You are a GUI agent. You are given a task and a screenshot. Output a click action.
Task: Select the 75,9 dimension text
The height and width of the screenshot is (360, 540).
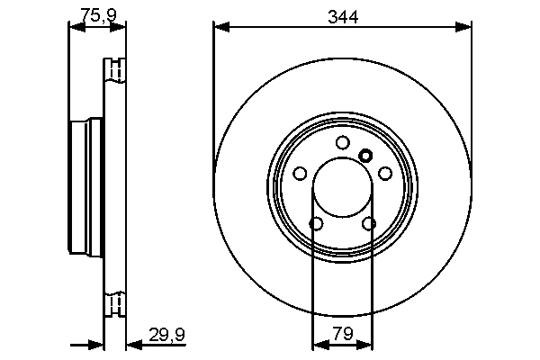point(97,14)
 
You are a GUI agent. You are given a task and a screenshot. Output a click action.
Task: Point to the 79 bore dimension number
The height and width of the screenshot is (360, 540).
point(342,333)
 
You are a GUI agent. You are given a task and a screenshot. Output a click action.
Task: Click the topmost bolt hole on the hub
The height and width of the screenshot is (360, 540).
point(342,142)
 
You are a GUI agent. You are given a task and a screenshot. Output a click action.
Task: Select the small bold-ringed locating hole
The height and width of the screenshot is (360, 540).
point(365,155)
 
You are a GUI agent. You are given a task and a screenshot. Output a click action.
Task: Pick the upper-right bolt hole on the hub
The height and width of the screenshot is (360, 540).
point(385,174)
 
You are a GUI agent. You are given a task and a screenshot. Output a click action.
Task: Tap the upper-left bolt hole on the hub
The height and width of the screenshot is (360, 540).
point(300,174)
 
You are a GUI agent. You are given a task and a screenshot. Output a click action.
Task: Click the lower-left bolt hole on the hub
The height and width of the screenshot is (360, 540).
point(316,223)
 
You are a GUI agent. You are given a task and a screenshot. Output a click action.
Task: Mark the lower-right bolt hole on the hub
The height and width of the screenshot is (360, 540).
point(369,223)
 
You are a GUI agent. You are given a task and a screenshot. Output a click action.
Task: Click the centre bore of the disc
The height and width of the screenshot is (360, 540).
point(342,188)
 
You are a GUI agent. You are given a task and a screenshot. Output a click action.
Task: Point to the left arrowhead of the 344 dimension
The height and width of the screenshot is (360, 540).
point(220,27)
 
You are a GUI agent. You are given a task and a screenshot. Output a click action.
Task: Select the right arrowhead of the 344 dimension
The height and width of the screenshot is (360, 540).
point(466,27)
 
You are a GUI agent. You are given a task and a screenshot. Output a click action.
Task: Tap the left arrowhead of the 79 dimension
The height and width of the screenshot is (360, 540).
point(317,344)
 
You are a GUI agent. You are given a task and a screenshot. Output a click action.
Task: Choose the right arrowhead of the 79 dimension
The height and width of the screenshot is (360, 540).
point(366,344)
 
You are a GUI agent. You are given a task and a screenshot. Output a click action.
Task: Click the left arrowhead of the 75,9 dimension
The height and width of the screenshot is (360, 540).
point(75,27)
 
